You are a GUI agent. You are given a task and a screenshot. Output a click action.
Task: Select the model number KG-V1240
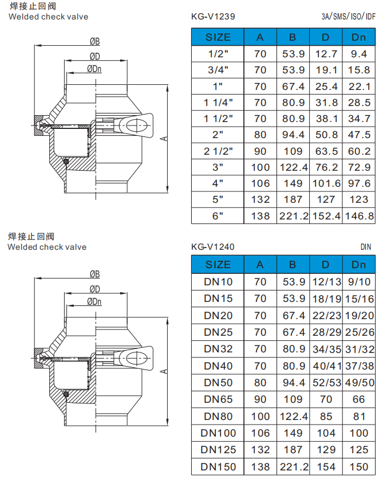[213, 246]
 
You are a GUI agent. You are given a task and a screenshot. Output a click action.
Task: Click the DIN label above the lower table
[366, 246]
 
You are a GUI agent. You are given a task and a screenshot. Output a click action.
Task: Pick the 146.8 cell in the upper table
[358, 216]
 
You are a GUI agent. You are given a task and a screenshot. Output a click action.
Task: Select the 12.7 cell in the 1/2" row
[326, 54]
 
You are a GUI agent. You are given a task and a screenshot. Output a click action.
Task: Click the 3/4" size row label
[218, 70]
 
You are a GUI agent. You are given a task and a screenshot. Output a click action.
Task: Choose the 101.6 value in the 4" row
[326, 183]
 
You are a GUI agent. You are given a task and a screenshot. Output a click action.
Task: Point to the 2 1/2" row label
[218, 151]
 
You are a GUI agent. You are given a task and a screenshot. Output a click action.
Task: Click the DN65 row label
[218, 399]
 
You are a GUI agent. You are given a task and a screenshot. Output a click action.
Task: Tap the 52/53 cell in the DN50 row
[326, 382]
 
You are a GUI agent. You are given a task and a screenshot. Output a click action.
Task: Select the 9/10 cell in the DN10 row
[358, 282]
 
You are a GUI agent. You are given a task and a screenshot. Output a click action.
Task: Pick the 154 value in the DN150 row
[326, 466]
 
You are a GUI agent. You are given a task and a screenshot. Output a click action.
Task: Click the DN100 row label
[218, 433]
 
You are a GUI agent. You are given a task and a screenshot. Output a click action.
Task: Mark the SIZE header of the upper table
[218, 37]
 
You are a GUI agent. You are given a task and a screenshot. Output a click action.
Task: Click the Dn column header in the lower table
[358, 265]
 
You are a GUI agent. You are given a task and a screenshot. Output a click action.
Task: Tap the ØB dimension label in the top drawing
[94, 42]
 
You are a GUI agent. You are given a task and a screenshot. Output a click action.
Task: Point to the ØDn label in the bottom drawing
[94, 301]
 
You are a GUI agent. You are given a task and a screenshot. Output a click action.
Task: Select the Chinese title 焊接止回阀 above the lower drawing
[31, 236]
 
